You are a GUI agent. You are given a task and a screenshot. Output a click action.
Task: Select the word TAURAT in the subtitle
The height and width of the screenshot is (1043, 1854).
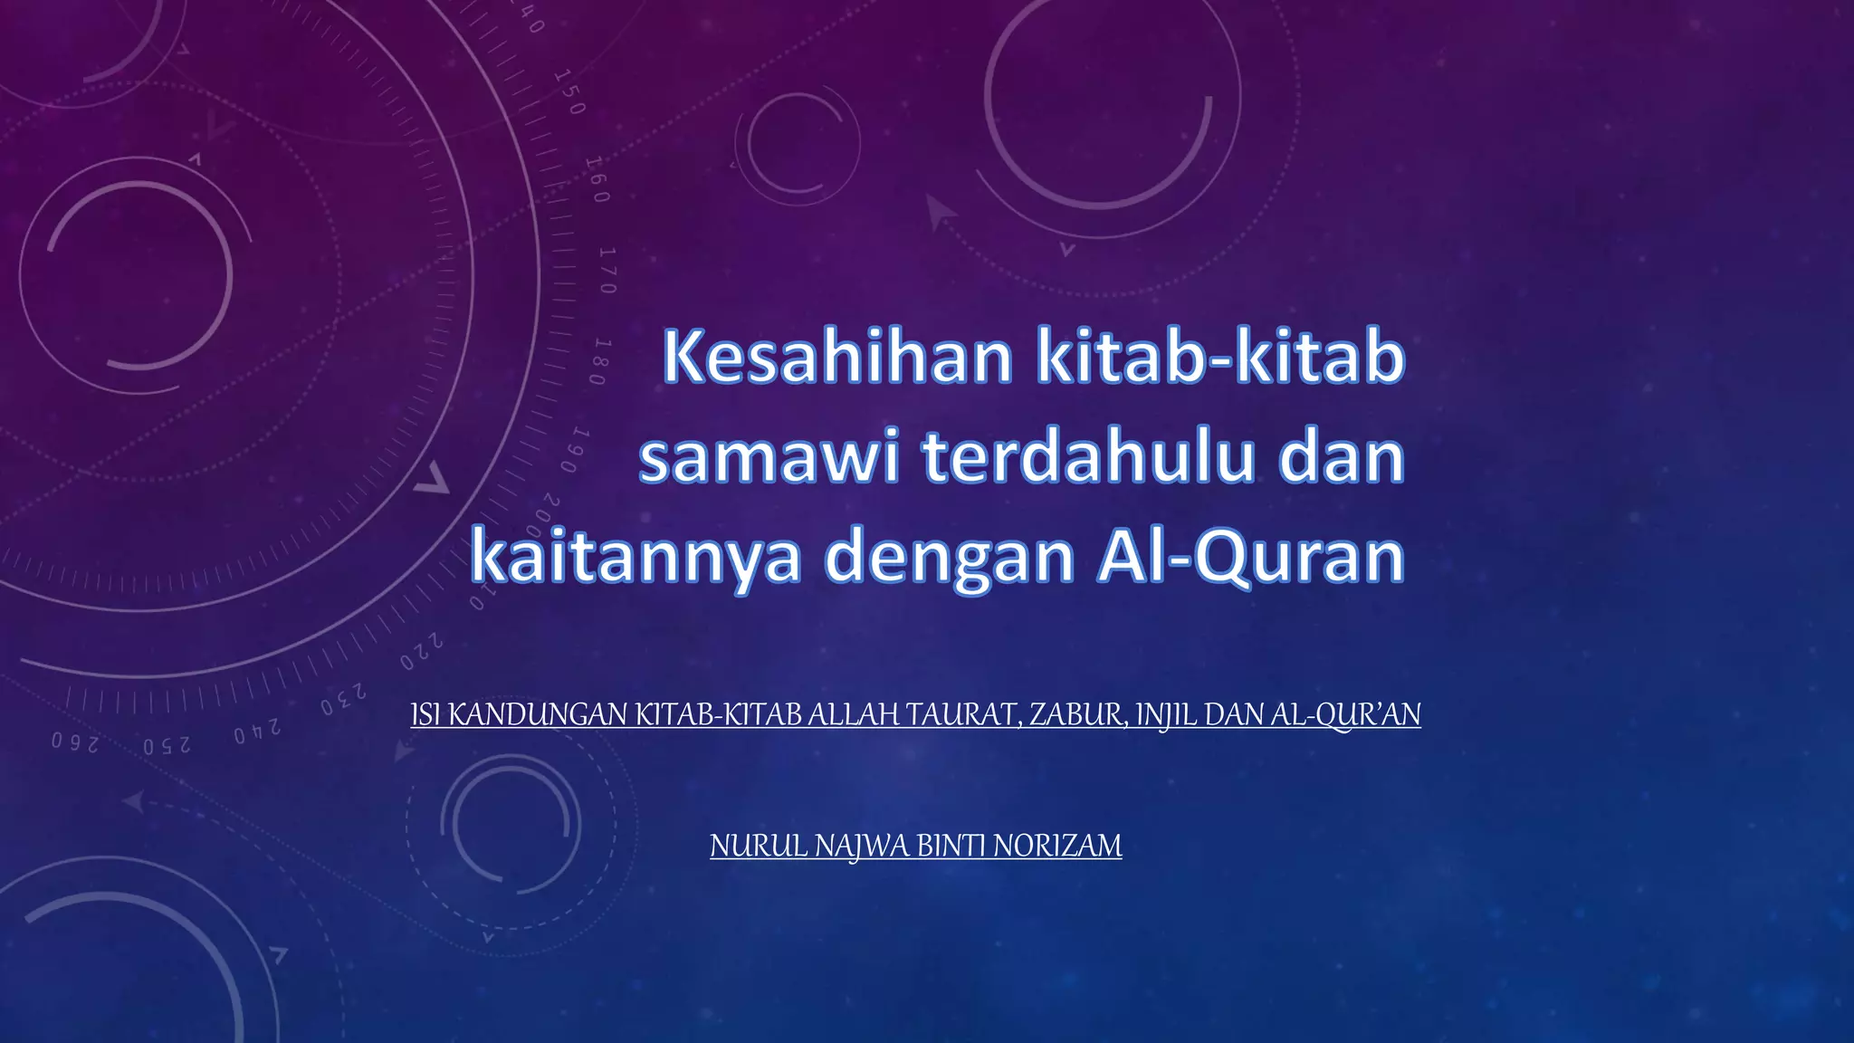[963, 715]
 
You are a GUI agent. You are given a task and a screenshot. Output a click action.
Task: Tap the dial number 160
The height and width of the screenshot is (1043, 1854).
[597, 178]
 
